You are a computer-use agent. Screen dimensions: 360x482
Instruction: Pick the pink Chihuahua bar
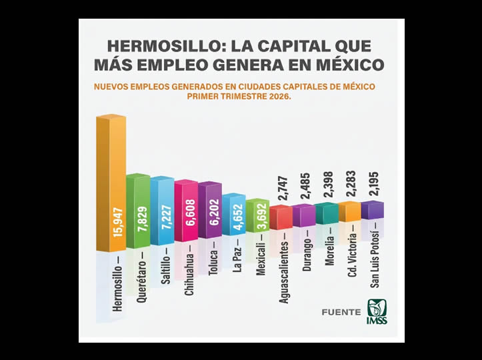[x=186, y=210]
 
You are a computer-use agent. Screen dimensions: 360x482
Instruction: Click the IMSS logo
[x=377, y=311]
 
